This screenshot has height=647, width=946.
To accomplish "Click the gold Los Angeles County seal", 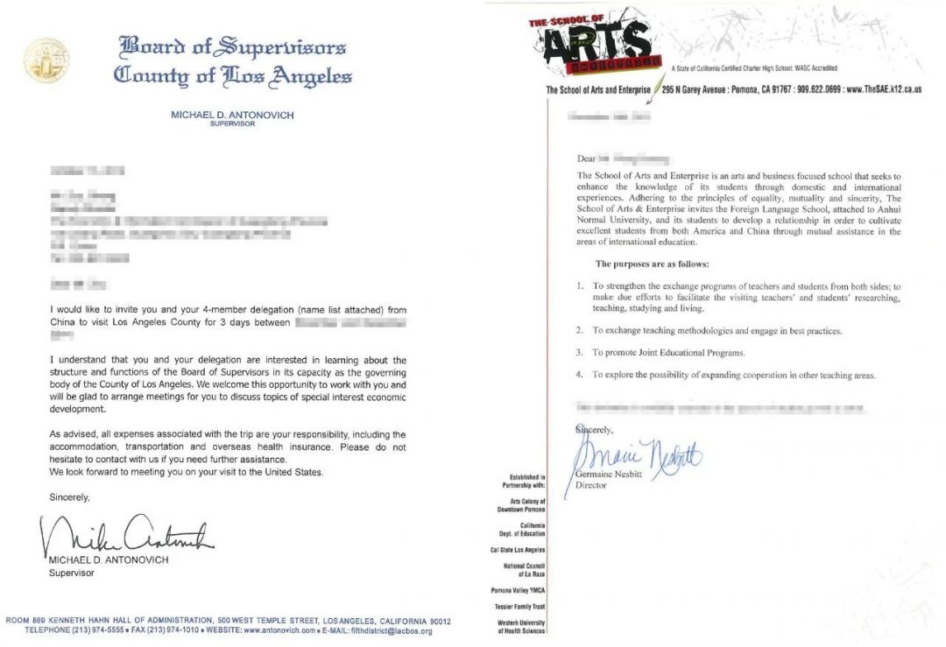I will pyautogui.click(x=46, y=60).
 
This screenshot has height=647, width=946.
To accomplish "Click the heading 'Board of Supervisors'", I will pyautogui.click(x=232, y=46).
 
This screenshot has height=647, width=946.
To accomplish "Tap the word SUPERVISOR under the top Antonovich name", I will pyautogui.click(x=232, y=124).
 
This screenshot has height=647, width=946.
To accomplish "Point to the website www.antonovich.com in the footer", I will pyautogui.click(x=279, y=630).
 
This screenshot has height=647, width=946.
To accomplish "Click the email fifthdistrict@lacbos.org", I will pyautogui.click(x=385, y=630).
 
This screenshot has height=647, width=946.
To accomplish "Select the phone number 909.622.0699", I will pyautogui.click(x=819, y=90).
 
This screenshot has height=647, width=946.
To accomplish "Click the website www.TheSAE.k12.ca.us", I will pyautogui.click(x=885, y=90).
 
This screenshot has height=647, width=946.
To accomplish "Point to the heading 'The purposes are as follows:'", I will pyautogui.click(x=652, y=264).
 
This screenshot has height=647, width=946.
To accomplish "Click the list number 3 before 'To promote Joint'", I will pyautogui.click(x=580, y=353).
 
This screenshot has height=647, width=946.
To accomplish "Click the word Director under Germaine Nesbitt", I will pyautogui.click(x=591, y=485).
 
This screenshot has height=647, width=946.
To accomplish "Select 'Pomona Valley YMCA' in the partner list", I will pyautogui.click(x=518, y=590).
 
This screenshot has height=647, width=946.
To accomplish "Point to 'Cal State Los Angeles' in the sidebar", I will pyautogui.click(x=518, y=550).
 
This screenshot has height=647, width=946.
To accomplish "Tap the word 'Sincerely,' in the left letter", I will pyautogui.click(x=70, y=497).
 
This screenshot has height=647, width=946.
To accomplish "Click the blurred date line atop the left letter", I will pyautogui.click(x=88, y=169).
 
